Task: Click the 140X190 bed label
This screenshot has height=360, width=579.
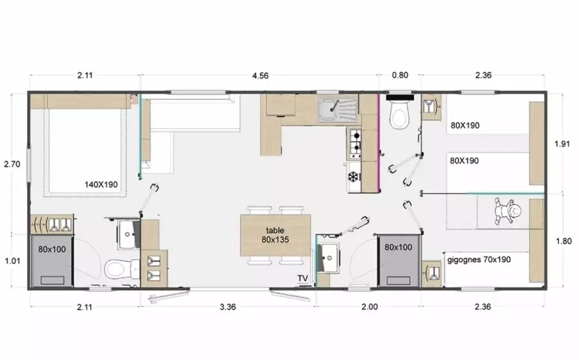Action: coord(101,184)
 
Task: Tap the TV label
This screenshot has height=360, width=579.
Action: coord(302,278)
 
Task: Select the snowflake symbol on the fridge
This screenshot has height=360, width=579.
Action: coord(354,177)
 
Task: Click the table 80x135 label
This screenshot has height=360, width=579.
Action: coord(275,235)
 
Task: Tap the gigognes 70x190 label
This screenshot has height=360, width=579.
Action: coord(479,259)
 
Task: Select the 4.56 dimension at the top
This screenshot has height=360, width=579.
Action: coord(261,76)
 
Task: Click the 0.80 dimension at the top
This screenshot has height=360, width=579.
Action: coord(400,75)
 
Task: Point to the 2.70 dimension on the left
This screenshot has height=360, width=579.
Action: coord(12,164)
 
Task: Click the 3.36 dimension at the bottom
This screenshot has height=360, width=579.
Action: coord(228,307)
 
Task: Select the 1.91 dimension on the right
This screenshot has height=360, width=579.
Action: coord(562,144)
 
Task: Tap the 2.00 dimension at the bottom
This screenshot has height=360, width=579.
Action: coord(369,307)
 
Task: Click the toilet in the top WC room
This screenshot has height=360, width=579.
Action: coord(400,115)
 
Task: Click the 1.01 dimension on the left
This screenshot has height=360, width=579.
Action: coord(12,261)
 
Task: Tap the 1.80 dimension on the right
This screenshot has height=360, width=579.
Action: coord(563,241)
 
